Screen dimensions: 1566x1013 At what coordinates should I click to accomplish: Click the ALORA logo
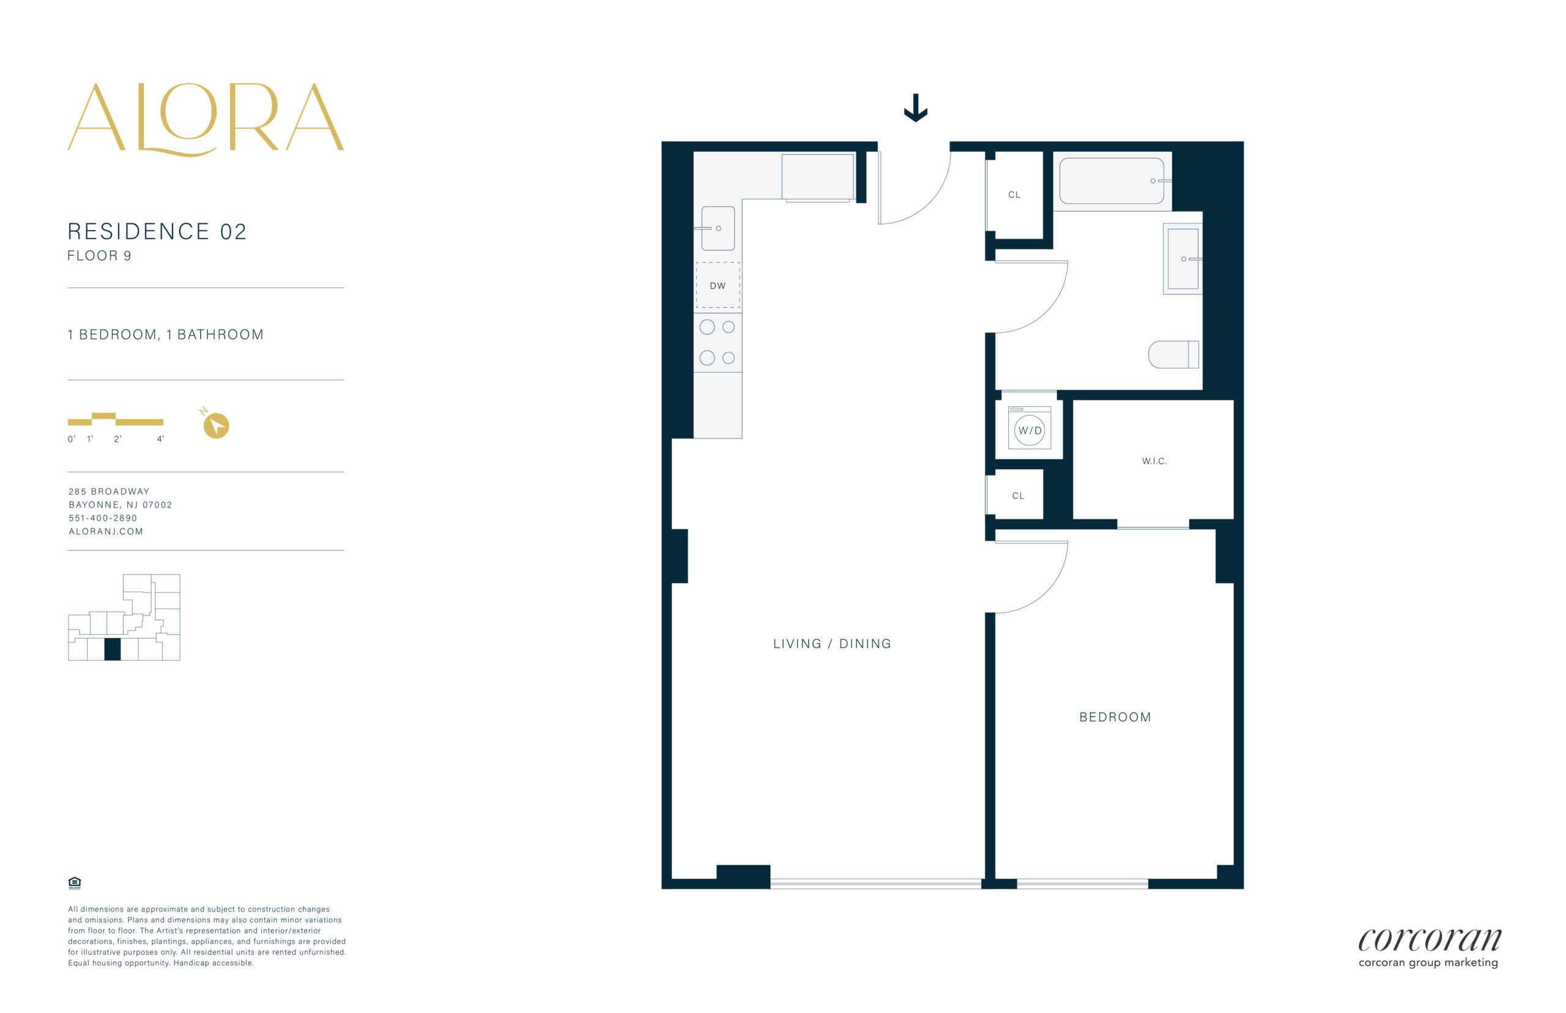(x=205, y=119)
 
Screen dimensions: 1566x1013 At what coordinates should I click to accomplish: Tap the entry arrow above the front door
(x=916, y=108)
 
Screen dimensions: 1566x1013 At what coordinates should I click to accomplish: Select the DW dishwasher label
(x=718, y=286)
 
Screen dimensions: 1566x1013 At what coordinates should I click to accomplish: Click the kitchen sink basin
(x=718, y=228)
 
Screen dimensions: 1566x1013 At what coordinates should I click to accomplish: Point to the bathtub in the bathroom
(x=1111, y=181)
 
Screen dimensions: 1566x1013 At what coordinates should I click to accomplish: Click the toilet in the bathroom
(x=1173, y=355)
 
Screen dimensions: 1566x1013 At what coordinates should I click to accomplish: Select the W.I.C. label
(x=1154, y=461)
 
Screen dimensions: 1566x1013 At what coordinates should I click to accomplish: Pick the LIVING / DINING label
(x=832, y=644)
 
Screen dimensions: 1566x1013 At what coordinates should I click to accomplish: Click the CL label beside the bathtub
(x=1014, y=195)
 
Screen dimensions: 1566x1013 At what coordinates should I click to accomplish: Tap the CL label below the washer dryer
(x=1018, y=496)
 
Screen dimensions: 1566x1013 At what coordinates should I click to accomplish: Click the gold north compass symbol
(x=215, y=425)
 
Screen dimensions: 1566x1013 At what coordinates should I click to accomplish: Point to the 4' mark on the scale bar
(x=160, y=439)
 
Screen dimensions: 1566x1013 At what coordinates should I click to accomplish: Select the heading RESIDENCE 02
(x=157, y=232)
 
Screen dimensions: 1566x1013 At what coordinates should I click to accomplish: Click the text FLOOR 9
(x=99, y=256)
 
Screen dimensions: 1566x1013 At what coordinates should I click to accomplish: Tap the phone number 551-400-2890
(x=103, y=518)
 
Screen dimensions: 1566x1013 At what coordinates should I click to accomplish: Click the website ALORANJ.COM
(x=106, y=532)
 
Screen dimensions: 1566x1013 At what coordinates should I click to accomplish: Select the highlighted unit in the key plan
(x=113, y=649)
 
